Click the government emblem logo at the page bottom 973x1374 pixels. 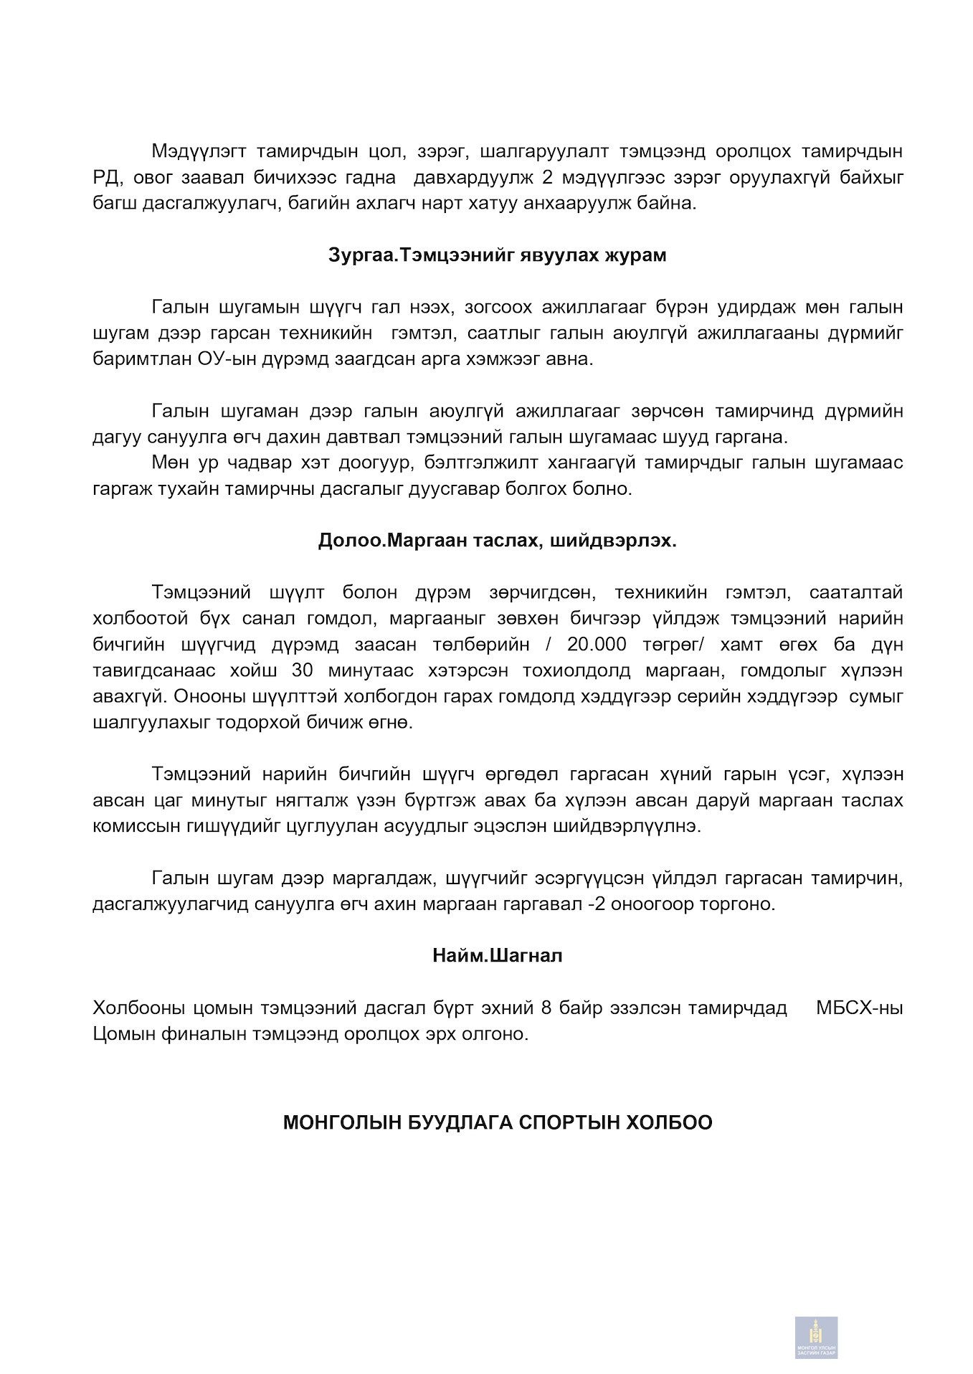(x=816, y=1337)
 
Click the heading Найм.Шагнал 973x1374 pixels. (x=497, y=956)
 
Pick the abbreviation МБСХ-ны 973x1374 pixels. (x=859, y=1008)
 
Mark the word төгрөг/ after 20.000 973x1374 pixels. (x=670, y=645)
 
